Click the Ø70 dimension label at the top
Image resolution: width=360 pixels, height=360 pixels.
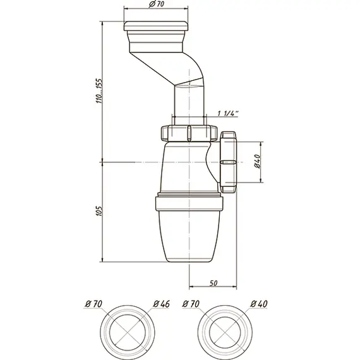pyautogui.click(x=157, y=4)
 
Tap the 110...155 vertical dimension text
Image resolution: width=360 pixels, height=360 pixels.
pyautogui.click(x=99, y=91)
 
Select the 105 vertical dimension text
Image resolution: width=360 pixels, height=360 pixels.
pyautogui.click(x=99, y=210)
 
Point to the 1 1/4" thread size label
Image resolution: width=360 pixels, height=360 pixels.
pyautogui.click(x=228, y=113)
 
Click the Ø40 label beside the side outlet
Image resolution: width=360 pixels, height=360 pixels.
pyautogui.click(x=258, y=162)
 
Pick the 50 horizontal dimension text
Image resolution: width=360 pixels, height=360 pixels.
pyautogui.click(x=213, y=284)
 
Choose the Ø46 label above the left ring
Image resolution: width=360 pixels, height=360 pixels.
pyautogui.click(x=162, y=304)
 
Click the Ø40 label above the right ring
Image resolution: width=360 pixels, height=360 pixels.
pyautogui.click(x=259, y=304)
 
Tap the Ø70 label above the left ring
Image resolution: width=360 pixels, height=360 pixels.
pyautogui.click(x=93, y=304)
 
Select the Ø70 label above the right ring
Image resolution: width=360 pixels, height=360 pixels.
pyautogui.click(x=191, y=304)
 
